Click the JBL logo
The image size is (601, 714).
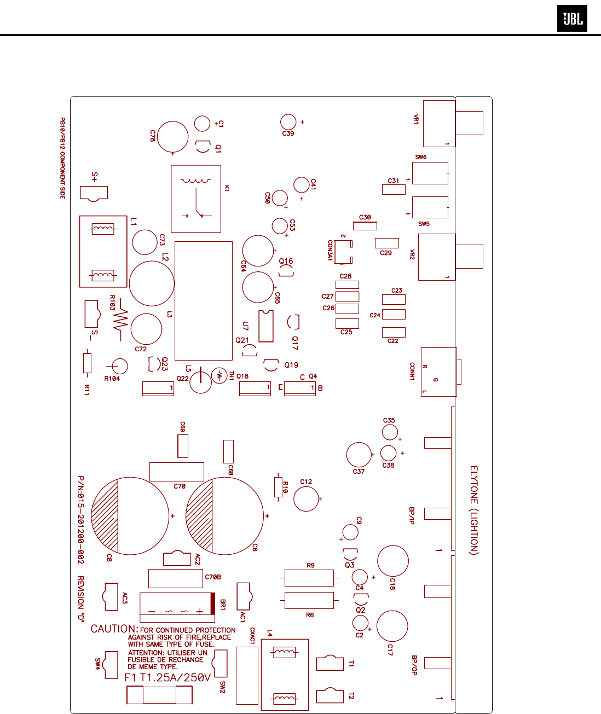click(x=572, y=19)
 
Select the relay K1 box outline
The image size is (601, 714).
click(x=196, y=199)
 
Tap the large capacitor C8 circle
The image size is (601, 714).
click(x=130, y=516)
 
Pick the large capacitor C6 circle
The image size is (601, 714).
click(x=225, y=516)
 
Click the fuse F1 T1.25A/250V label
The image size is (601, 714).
click(x=167, y=678)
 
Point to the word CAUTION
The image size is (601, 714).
click(x=114, y=629)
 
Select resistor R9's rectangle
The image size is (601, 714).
click(x=309, y=578)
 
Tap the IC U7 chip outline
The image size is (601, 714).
click(x=266, y=326)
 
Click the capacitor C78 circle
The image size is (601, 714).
click(x=172, y=137)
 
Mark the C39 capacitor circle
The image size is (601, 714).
click(x=288, y=122)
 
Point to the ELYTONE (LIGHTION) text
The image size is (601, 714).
click(x=474, y=510)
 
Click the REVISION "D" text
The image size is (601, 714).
click(x=80, y=599)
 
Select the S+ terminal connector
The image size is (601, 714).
click(x=94, y=193)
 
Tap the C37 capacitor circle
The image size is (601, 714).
click(x=359, y=455)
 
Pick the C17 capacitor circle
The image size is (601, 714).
click(x=392, y=625)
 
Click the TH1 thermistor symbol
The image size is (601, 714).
click(x=219, y=375)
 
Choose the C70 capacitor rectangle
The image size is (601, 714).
click(x=176, y=472)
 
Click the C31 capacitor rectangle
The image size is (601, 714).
click(x=394, y=189)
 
